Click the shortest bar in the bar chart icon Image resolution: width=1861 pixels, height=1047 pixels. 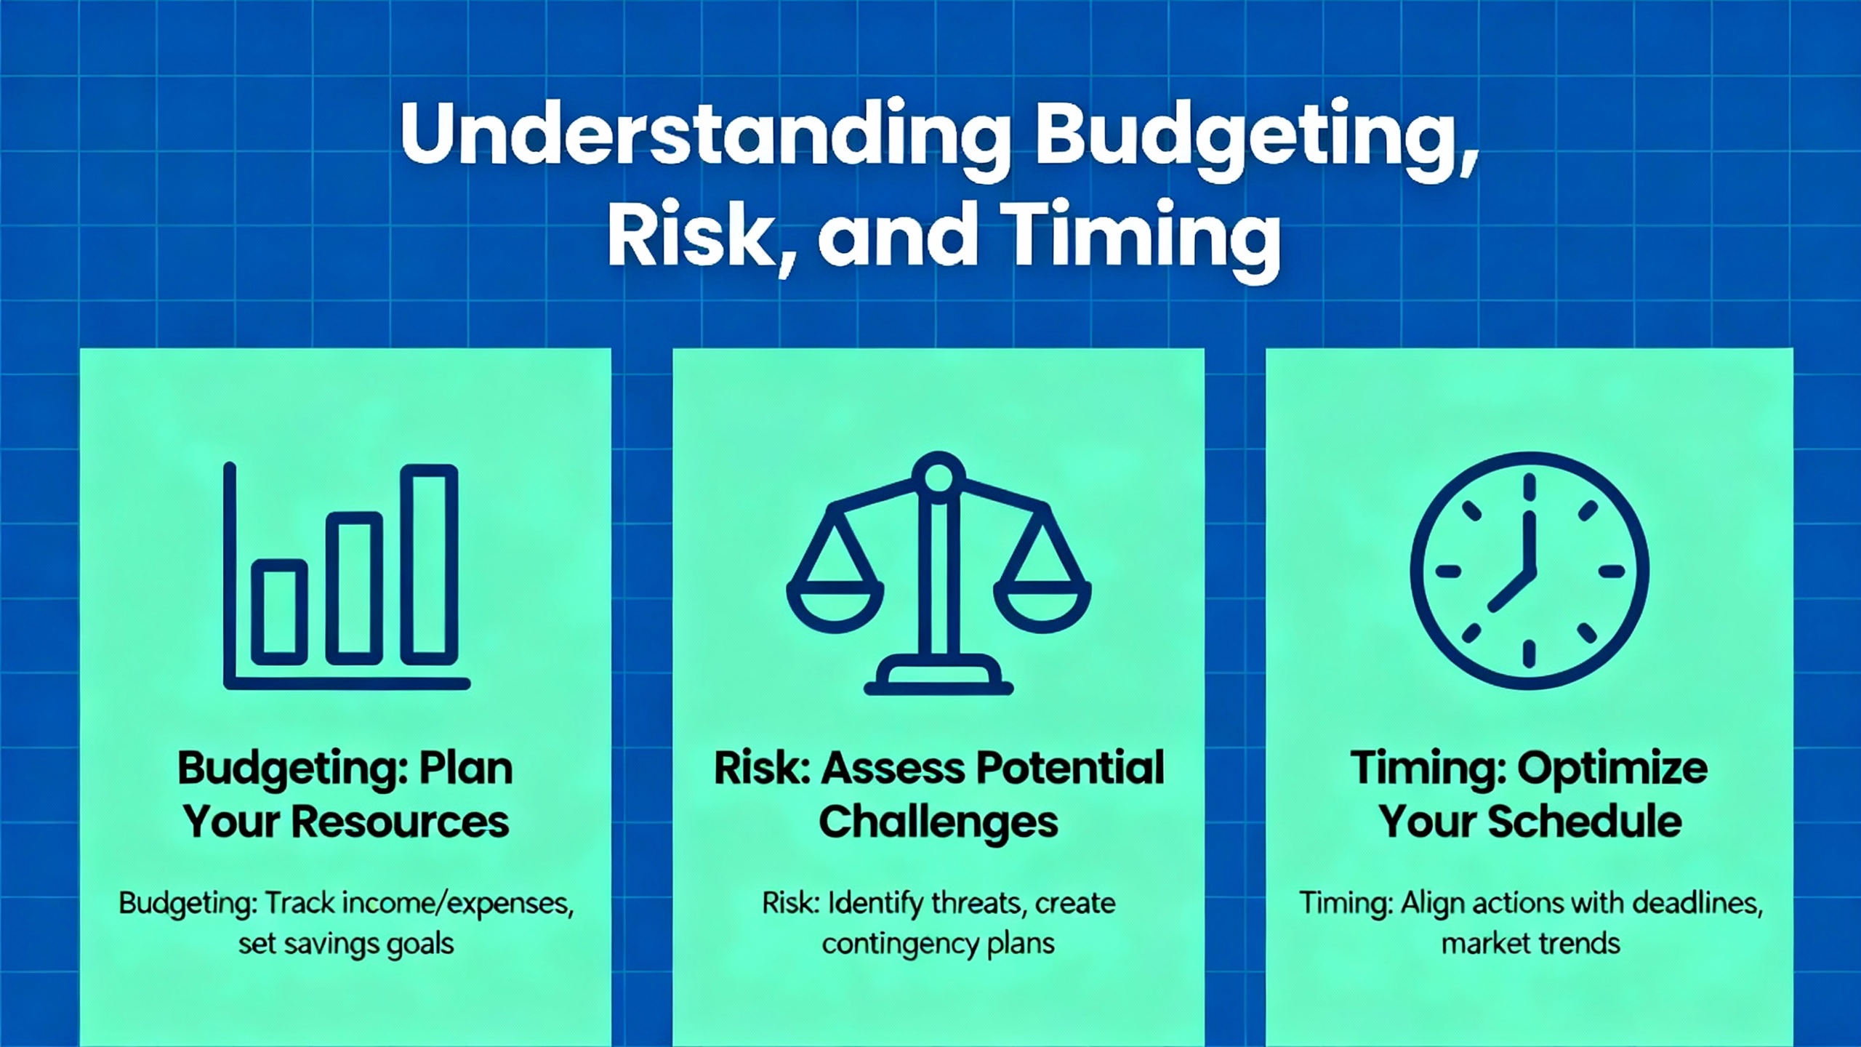coord(279,612)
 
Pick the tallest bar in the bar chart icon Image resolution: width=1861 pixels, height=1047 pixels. coord(430,565)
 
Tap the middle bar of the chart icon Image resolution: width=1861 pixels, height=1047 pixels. coord(354,588)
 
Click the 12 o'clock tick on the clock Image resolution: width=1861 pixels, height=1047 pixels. coord(1529,487)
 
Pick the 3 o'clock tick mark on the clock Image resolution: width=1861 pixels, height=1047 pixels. coord(1612,571)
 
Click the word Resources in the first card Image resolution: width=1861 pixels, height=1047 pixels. coord(401,822)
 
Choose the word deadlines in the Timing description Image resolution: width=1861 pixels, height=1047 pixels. coord(1697,904)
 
